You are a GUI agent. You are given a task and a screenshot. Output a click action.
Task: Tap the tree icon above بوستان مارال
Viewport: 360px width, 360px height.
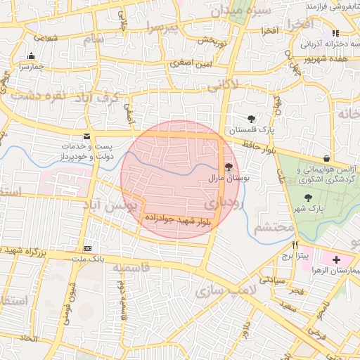pyautogui.click(x=229, y=167)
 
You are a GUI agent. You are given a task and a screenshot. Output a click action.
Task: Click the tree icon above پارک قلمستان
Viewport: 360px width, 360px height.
pyautogui.click(x=251, y=118)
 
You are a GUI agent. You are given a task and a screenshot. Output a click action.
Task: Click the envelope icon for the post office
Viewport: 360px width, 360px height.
pyautogui.click(x=86, y=135)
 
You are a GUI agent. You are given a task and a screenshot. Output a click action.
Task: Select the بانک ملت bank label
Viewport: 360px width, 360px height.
pyautogui.click(x=88, y=259)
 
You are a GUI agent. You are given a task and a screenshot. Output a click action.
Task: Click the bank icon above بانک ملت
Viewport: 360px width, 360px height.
pyautogui.click(x=87, y=248)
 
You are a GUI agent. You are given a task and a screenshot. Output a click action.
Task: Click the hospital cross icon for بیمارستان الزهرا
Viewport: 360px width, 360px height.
pyautogui.click(x=336, y=259)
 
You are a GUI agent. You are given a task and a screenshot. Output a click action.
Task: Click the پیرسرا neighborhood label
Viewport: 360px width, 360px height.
pyautogui.click(x=163, y=26)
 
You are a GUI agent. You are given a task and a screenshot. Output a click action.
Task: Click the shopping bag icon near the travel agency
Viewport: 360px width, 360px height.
pyautogui.click(x=326, y=159)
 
